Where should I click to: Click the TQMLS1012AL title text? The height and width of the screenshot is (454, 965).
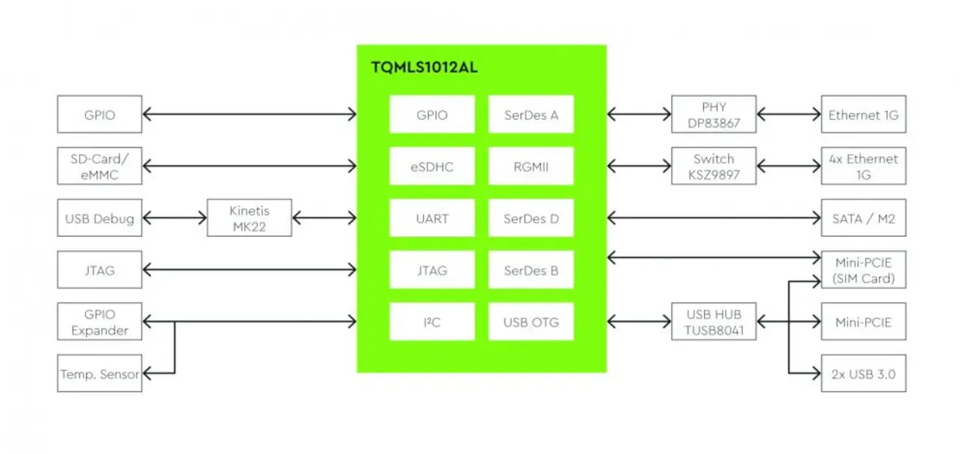424,67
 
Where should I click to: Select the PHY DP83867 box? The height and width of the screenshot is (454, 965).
713,114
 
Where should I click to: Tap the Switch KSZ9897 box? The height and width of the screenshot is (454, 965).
713,166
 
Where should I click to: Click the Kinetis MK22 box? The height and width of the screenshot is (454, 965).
249,218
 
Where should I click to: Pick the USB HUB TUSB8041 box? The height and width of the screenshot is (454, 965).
713,321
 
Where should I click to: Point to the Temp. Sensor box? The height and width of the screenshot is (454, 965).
100,373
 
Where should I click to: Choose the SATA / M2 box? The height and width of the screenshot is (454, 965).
863,218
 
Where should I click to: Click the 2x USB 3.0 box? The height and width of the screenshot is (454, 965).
863,373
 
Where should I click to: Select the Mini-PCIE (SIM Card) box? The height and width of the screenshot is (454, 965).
863,269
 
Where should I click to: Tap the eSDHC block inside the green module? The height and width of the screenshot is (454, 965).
432,167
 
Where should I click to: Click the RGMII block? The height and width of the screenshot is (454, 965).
531,167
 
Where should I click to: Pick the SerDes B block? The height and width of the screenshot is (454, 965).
531,270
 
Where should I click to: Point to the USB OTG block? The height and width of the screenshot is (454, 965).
531,322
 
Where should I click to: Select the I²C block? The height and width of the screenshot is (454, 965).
432,322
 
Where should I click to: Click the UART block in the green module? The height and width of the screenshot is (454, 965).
432,219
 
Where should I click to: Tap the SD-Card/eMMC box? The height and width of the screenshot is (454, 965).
100,166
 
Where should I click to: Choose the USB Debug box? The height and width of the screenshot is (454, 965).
100,218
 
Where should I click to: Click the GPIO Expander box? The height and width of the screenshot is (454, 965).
100,321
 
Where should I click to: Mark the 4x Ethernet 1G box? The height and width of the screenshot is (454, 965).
863,166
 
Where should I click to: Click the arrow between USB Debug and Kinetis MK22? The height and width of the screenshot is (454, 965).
174,218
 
